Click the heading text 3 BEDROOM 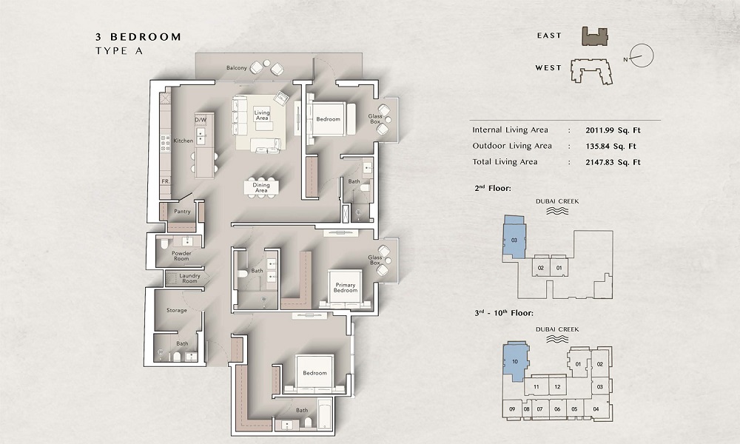click(138, 36)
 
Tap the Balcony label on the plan click(236, 68)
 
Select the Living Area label click(262, 115)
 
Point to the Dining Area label click(261, 188)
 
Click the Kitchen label click(183, 141)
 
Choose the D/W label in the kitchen click(200, 120)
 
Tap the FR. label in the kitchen click(166, 181)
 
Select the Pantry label click(182, 212)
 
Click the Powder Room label click(182, 256)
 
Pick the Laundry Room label click(189, 278)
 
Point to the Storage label click(176, 310)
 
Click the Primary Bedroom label click(346, 288)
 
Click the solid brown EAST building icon click(594, 36)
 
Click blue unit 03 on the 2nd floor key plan click(514, 238)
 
